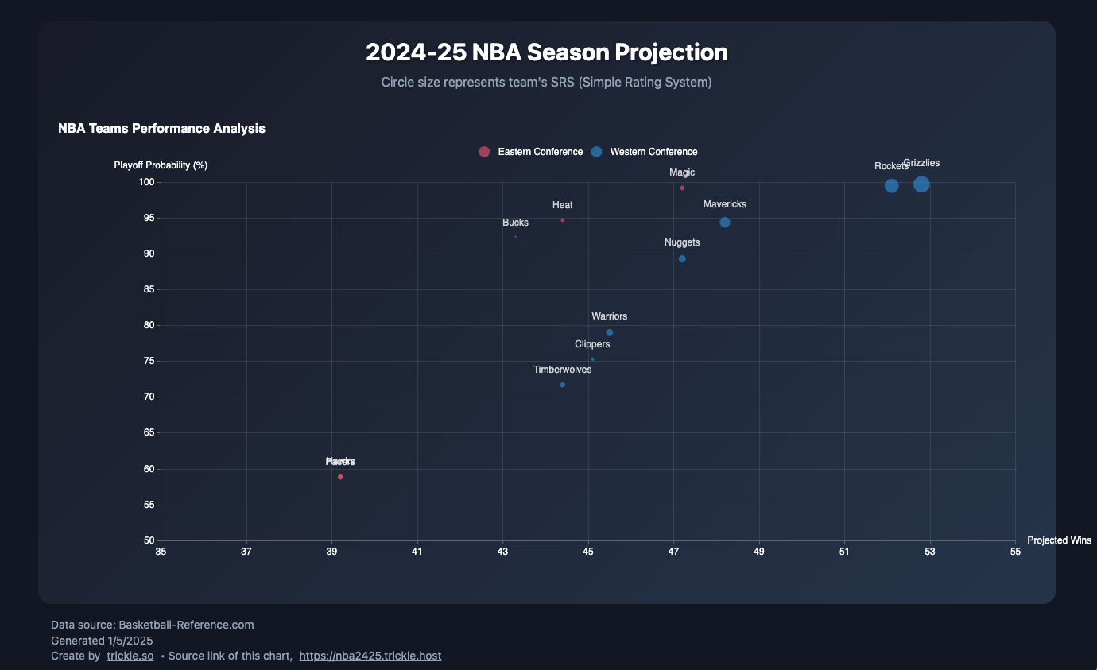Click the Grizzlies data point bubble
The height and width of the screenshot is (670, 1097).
(921, 184)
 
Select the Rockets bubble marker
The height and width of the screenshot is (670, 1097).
(891, 186)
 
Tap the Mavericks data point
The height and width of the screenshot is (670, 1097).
(725, 223)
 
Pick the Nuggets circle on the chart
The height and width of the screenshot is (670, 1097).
(682, 259)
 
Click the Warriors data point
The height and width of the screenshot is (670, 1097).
(610, 332)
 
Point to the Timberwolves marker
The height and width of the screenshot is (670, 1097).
(563, 385)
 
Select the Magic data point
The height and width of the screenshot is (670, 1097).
(682, 188)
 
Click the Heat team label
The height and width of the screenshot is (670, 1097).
(563, 205)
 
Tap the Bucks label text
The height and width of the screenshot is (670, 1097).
(515, 223)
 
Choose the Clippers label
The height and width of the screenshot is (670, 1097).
(592, 345)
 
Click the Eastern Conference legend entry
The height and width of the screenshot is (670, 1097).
(531, 152)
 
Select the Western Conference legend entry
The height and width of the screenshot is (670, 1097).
(644, 152)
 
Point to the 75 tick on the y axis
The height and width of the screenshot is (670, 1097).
(148, 362)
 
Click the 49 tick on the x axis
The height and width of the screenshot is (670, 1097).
(759, 552)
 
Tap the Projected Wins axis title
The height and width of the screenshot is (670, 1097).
(1059, 540)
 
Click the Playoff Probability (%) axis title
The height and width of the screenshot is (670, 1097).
(161, 165)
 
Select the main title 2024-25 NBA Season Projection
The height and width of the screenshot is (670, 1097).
(547, 52)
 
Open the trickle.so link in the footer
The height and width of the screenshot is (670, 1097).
(130, 656)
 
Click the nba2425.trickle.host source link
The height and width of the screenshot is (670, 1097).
(370, 656)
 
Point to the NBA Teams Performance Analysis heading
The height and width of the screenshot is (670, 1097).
(161, 128)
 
